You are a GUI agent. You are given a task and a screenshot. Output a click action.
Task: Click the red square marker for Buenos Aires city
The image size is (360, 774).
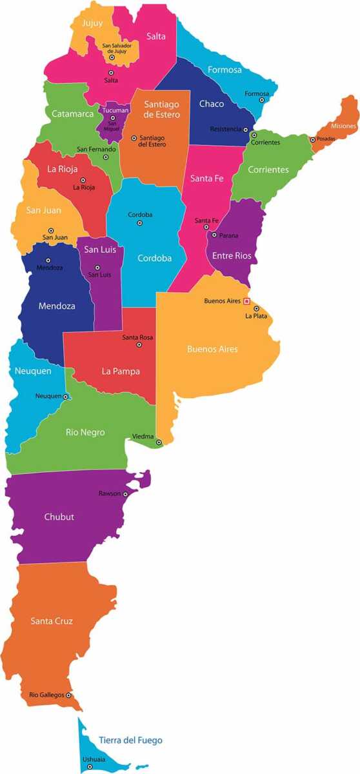click(246, 301)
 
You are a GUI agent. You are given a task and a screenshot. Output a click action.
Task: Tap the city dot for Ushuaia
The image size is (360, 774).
click(90, 767)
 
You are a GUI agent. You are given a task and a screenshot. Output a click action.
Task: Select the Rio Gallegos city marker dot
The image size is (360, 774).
click(68, 695)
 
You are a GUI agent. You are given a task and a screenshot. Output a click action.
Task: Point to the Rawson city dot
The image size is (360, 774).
click(125, 494)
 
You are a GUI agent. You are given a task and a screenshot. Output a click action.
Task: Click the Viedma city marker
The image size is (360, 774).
click(159, 442)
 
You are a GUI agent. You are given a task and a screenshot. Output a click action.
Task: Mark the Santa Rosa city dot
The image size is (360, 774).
click(139, 345)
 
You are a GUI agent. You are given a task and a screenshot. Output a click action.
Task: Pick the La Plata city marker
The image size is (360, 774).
click(256, 308)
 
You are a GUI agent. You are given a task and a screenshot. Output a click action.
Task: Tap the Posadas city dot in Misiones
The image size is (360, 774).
click(312, 139)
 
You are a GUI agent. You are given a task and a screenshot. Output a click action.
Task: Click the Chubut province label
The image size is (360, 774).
click(59, 517)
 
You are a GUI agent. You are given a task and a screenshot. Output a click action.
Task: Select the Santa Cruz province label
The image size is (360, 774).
click(52, 621)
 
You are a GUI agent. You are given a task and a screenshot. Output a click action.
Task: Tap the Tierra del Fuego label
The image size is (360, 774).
click(130, 740)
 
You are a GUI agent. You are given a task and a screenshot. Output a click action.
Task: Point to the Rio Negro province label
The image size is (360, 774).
click(85, 432)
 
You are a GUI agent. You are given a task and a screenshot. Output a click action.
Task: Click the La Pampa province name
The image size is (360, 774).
click(121, 371)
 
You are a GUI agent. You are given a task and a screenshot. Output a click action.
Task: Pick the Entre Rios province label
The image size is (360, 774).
click(232, 256)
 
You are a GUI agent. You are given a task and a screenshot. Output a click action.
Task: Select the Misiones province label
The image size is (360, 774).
click(344, 126)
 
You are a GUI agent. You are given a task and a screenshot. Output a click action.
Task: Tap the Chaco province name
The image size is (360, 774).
click(212, 104)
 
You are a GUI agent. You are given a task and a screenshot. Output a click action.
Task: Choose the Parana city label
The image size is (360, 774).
click(228, 235)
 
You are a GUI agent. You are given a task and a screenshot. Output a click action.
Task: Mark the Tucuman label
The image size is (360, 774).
click(115, 110)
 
